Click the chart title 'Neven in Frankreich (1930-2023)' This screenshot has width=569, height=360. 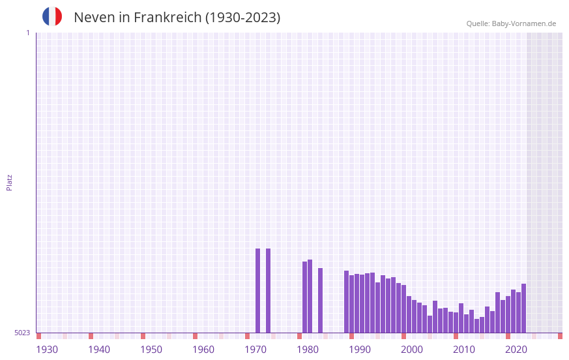click(x=177, y=18)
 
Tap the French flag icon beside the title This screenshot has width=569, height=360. click(x=52, y=16)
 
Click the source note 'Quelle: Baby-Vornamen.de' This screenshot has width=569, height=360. click(x=511, y=23)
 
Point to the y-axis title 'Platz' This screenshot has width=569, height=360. click(x=9, y=182)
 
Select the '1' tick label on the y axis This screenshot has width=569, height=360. click(x=27, y=33)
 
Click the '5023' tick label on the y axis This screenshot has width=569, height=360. click(x=22, y=333)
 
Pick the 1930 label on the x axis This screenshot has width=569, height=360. click(x=47, y=350)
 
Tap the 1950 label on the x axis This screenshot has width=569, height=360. click(x=151, y=350)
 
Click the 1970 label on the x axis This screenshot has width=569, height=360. click(x=255, y=350)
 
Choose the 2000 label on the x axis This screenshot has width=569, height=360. click(x=412, y=350)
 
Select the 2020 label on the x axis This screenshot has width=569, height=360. click(x=516, y=350)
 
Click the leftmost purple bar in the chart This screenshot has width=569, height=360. click(x=257, y=290)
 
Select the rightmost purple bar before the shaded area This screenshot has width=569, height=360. click(x=523, y=308)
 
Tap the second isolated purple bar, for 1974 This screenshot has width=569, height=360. click(x=268, y=290)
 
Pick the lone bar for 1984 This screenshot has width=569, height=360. click(x=320, y=300)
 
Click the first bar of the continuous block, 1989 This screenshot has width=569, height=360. click(x=346, y=301)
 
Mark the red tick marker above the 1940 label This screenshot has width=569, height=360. click(x=91, y=336)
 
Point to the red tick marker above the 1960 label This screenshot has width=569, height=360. click(x=195, y=336)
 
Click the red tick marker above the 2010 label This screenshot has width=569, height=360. click(x=456, y=336)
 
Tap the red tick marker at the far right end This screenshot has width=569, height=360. click(x=560, y=336)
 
